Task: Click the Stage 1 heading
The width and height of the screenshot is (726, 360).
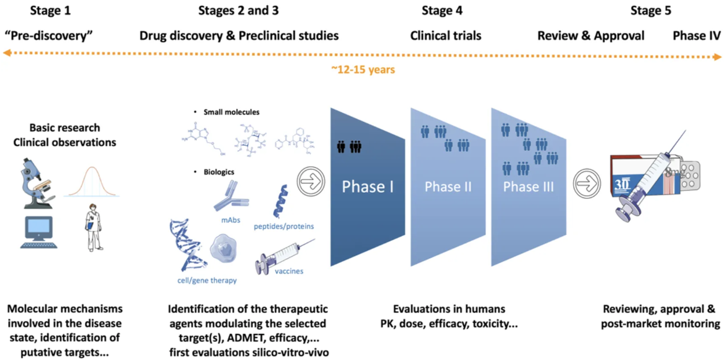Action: point(50,10)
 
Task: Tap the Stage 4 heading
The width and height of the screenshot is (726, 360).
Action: point(442,10)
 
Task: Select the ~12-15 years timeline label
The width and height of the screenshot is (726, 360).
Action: point(363,69)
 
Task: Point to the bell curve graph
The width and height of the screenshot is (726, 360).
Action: point(91,182)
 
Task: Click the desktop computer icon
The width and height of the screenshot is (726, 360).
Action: point(39,232)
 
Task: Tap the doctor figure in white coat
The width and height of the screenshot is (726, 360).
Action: point(93,227)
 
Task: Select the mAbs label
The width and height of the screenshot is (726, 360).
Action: point(231,220)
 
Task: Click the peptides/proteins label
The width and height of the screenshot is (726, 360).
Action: point(284,226)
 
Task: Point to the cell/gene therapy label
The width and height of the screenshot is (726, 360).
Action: point(207,280)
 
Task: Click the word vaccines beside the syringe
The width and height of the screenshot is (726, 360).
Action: point(289,271)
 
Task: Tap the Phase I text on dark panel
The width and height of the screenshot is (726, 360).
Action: point(368,186)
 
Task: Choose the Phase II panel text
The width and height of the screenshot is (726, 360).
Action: point(448,186)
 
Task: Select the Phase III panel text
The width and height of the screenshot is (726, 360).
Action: point(529,186)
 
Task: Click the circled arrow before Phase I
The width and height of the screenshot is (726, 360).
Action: point(311,182)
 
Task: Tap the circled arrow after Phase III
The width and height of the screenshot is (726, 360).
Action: point(586,183)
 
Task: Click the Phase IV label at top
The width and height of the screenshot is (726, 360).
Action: point(697,36)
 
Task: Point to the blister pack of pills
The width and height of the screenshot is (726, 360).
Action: point(690,176)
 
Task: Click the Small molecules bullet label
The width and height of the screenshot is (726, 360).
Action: point(232,112)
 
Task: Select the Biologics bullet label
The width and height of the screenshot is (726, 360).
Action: point(219,172)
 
